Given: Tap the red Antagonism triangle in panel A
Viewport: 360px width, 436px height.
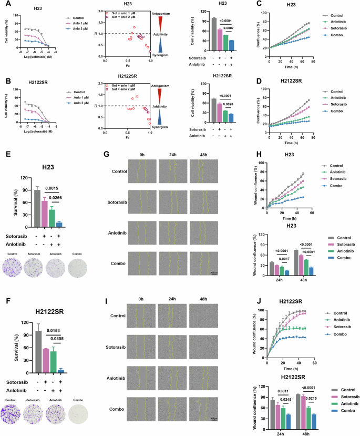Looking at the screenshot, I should click(x=161, y=23).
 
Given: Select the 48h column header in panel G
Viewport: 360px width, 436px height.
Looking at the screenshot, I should click(x=203, y=155).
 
